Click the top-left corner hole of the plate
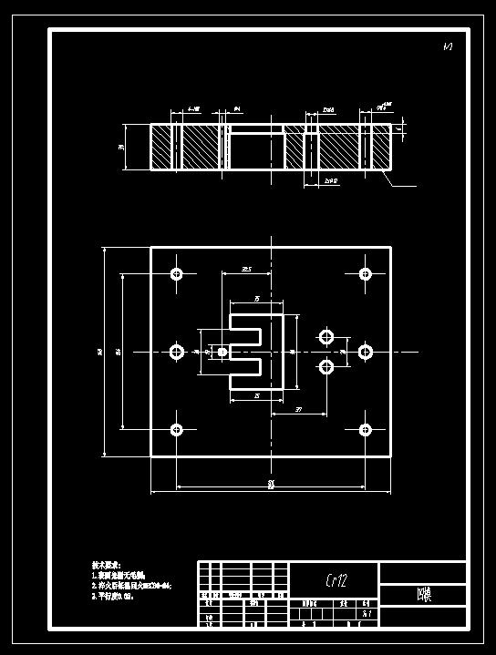click(x=177, y=273)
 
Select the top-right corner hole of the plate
click(x=366, y=273)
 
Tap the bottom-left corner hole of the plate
click(x=177, y=429)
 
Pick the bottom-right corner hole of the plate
click(x=366, y=429)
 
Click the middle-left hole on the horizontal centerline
click(x=177, y=352)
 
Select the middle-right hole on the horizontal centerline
click(x=366, y=352)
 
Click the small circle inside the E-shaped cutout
click(x=222, y=352)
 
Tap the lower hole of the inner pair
click(x=326, y=367)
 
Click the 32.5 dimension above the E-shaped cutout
click(x=247, y=270)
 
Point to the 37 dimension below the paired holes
click(x=300, y=410)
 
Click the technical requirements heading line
click(x=110, y=565)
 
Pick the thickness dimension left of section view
click(x=121, y=147)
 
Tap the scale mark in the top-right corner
click(x=448, y=46)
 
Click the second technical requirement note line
click(x=133, y=586)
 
